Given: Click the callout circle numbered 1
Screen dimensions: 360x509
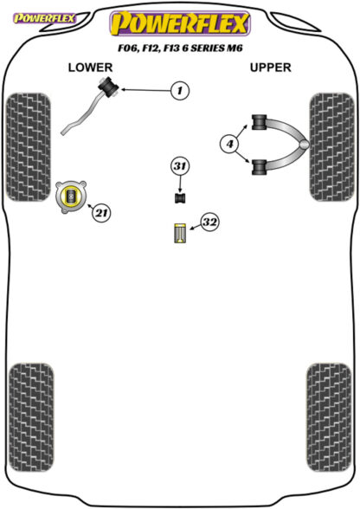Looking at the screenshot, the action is (x=179, y=90).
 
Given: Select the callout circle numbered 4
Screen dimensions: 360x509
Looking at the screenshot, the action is (x=229, y=144).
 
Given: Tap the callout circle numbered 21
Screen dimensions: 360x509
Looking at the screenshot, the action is (x=101, y=213).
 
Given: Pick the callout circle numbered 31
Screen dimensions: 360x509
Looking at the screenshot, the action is (x=180, y=166).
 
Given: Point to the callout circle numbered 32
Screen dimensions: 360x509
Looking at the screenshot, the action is (x=209, y=222).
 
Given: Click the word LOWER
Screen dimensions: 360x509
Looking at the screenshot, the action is (x=90, y=68).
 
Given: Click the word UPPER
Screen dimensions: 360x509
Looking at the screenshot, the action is (x=270, y=68).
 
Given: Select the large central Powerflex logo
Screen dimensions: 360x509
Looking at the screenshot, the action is (x=180, y=23).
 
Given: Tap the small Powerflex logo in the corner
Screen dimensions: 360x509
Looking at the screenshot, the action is (x=44, y=18).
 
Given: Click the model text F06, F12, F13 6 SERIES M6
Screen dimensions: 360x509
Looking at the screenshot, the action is (x=180, y=48).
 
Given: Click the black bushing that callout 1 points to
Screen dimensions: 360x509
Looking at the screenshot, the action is (x=108, y=87).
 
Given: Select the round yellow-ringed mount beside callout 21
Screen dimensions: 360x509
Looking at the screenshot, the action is (x=71, y=197).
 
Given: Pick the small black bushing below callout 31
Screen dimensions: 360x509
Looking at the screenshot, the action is (x=180, y=198).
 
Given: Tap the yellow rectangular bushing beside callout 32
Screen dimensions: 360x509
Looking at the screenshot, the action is (x=179, y=233).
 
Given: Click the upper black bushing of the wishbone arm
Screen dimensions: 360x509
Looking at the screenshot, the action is (x=259, y=122).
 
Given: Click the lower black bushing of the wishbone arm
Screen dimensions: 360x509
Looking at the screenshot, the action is (x=259, y=167).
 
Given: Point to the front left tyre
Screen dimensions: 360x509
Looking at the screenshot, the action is (x=29, y=147).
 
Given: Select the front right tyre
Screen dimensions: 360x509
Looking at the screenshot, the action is (x=331, y=147).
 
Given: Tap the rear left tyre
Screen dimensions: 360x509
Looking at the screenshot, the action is (x=31, y=417).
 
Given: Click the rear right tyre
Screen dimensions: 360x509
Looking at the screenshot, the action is (x=329, y=417).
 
